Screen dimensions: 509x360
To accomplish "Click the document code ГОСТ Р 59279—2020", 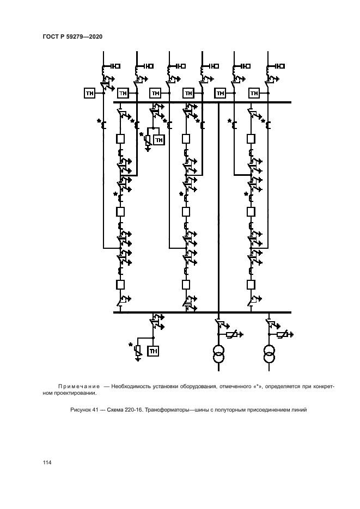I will (x=72, y=36).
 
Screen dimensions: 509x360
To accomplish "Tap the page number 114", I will (x=47, y=463).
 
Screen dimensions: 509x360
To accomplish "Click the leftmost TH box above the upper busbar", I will (x=90, y=94).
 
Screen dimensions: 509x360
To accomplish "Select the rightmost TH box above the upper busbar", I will (x=254, y=94).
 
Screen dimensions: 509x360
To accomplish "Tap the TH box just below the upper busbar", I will (x=158, y=140).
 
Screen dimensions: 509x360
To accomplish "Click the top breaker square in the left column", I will (x=120, y=139).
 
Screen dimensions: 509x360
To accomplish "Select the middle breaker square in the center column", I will (x=186, y=211).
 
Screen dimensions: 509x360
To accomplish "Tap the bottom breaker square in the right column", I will (x=251, y=284).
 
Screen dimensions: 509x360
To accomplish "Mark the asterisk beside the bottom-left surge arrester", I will (x=131, y=345).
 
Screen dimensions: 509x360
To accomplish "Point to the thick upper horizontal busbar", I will (x=202, y=102).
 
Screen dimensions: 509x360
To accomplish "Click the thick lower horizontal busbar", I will (x=202, y=312).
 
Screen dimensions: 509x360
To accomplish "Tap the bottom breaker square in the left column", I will (x=120, y=284).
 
